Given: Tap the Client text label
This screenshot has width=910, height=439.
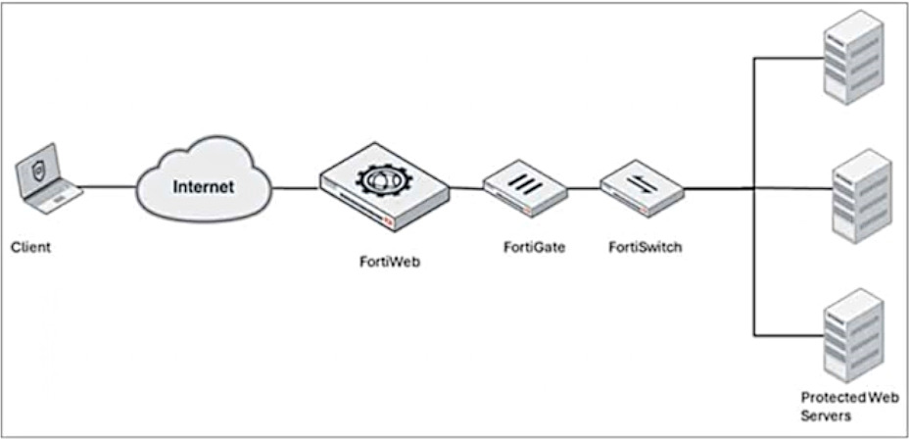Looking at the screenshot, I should [30, 247].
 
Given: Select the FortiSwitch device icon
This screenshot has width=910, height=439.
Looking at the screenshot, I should [641, 189].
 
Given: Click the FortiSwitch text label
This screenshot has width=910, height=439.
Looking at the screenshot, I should [645, 247].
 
